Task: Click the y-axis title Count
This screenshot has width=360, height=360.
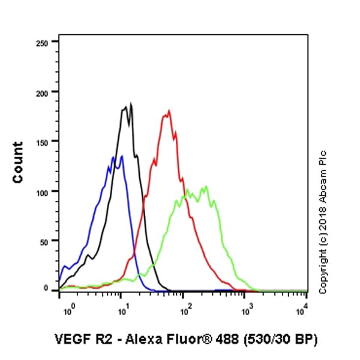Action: coord(18,162)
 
